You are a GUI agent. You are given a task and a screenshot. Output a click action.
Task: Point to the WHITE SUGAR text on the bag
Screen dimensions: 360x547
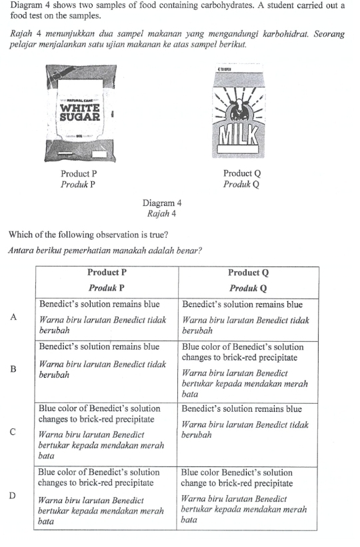pyautogui.click(x=80, y=111)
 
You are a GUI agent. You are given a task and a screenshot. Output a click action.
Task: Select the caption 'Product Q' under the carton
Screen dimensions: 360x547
pyautogui.click(x=241, y=174)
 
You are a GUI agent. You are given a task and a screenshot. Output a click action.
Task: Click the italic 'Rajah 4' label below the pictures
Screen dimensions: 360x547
pyautogui.click(x=162, y=214)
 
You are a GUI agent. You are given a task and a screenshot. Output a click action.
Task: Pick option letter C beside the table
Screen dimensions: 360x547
pyautogui.click(x=13, y=432)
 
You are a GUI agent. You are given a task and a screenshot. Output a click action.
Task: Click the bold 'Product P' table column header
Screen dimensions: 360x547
pyautogui.click(x=107, y=273)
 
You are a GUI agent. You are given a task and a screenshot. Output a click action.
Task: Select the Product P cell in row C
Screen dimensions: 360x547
pyautogui.click(x=107, y=432)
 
